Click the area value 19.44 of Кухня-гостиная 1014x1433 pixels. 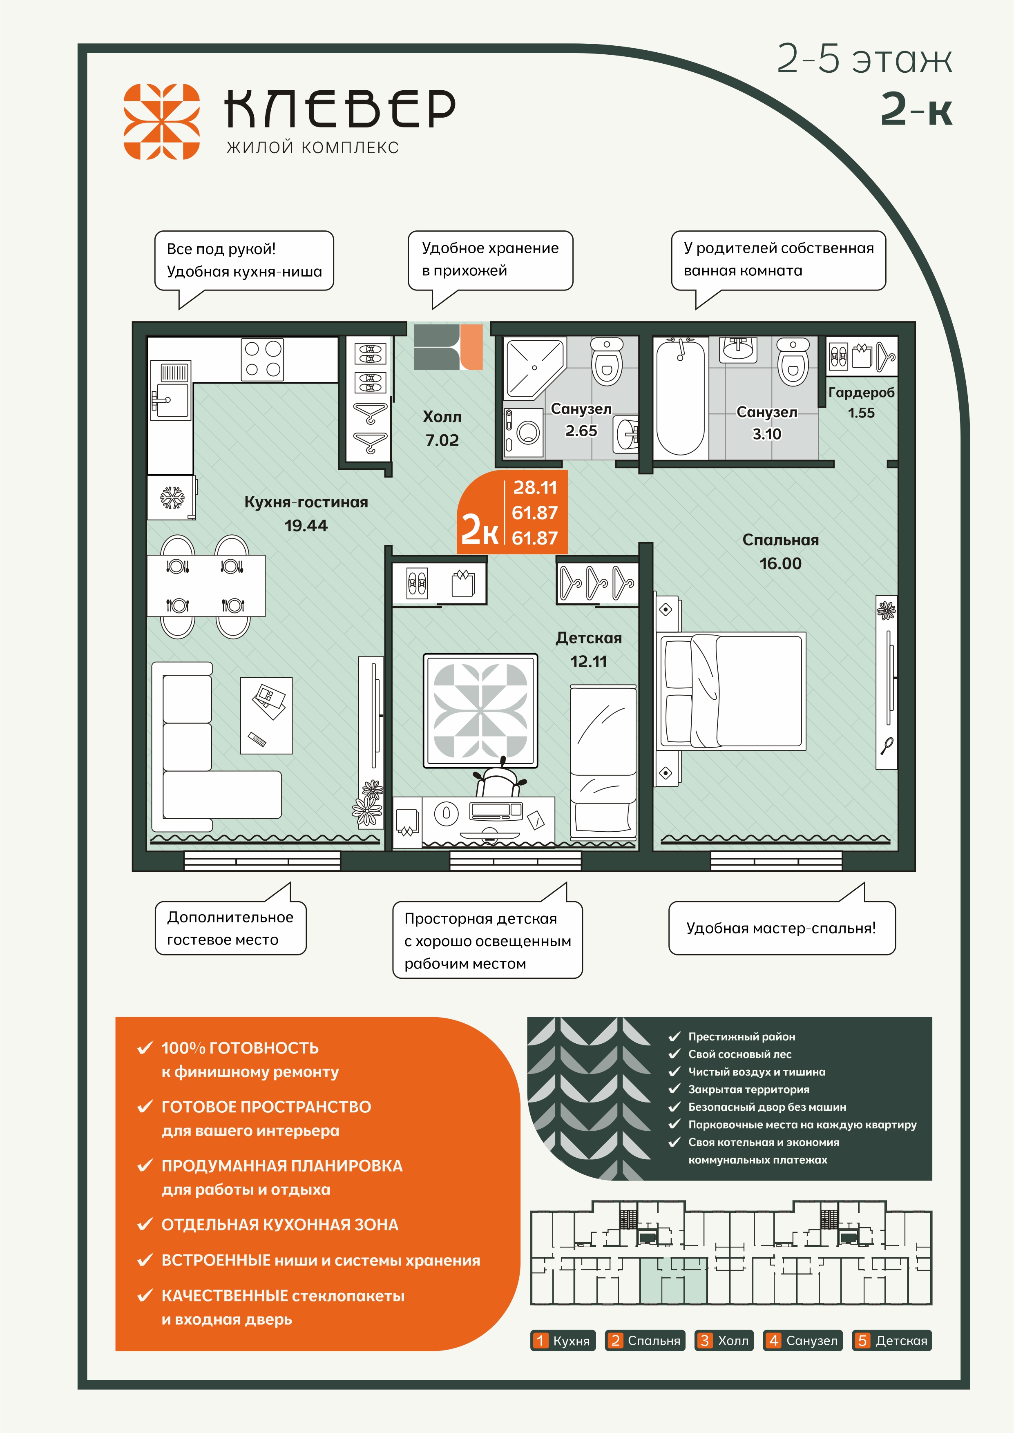pyautogui.click(x=306, y=525)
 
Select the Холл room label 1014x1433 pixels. pyautogui.click(x=442, y=417)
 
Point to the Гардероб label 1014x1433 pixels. pyautogui.click(x=862, y=393)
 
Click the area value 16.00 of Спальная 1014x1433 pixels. pyautogui.click(x=780, y=564)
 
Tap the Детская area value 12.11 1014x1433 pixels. pyautogui.click(x=588, y=662)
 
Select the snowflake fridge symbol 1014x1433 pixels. pyautogui.click(x=172, y=498)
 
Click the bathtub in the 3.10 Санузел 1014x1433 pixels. pyautogui.click(x=681, y=397)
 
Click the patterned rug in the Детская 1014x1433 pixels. pyautogui.click(x=480, y=710)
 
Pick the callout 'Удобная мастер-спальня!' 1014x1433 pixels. pyautogui.click(x=782, y=928)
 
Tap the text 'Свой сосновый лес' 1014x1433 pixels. pyautogui.click(x=740, y=1054)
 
